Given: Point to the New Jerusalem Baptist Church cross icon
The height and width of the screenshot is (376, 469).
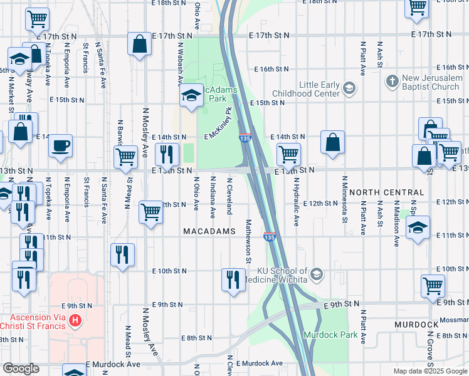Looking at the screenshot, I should [x=392, y=81].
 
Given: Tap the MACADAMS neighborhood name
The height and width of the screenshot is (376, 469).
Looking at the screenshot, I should [x=209, y=231].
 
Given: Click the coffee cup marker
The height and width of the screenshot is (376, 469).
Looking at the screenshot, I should [x=60, y=146].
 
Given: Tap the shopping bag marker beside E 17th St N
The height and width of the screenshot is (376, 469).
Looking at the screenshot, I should [x=140, y=44].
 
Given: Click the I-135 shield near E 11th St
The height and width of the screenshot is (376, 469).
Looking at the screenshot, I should [x=269, y=237].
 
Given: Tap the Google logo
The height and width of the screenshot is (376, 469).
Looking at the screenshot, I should [x=21, y=368].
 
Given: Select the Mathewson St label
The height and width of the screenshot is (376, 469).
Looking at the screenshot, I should [x=248, y=241].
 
